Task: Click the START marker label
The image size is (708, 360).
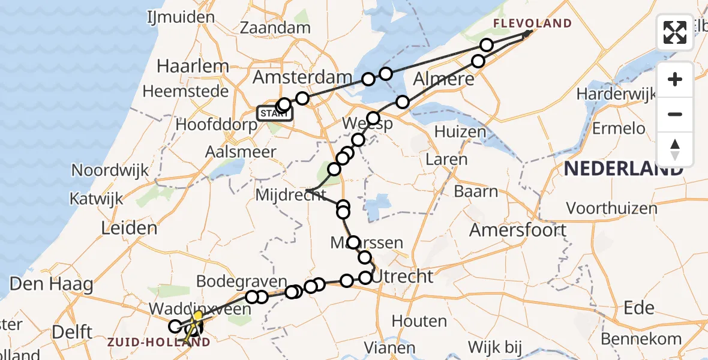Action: (x=274, y=113)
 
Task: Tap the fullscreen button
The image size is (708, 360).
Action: (x=675, y=32)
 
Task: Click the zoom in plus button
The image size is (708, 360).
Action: (x=675, y=79)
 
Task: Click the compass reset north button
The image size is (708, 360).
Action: (x=675, y=149)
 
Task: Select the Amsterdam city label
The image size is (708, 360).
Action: (x=302, y=77)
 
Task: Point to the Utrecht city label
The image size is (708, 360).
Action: (x=403, y=277)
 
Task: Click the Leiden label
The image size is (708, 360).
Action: (x=130, y=228)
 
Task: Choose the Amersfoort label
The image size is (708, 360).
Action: (x=518, y=230)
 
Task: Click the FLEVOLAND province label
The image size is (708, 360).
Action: (x=532, y=24)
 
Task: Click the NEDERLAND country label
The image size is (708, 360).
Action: (x=623, y=169)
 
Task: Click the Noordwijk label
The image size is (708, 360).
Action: (x=110, y=170)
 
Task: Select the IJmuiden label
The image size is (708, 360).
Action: (x=181, y=17)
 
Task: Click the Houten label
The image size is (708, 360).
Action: (x=420, y=322)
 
